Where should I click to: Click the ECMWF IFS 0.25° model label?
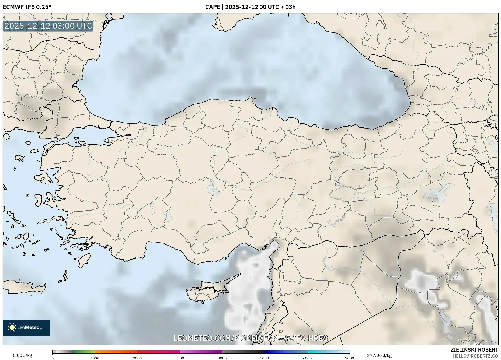[27, 7]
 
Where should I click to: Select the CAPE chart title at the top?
[250, 7]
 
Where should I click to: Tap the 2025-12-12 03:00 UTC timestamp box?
[48, 26]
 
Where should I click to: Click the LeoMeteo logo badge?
[26, 327]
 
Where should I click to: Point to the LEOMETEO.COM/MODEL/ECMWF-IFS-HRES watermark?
[250, 338]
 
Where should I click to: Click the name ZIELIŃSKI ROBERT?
[474, 350]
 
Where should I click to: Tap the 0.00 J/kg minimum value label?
[22, 355]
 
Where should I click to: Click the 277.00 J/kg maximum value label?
[379, 355]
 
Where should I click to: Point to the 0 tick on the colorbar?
[53, 358]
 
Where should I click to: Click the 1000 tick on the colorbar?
[95, 358]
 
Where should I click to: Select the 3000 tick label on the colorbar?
[180, 358]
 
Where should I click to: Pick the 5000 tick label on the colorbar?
[265, 358]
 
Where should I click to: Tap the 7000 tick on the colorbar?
[349, 358]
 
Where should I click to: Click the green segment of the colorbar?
[84, 352]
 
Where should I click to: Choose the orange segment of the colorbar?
[116, 352]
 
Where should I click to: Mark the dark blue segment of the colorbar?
[286, 352]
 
